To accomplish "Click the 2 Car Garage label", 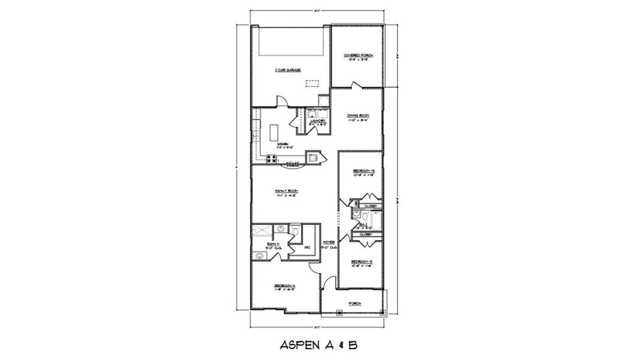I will (287, 70).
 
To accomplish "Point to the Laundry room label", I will (317, 121).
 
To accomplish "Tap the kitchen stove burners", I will (271, 159).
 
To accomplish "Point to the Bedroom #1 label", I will (285, 286).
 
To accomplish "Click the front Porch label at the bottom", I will (355, 304).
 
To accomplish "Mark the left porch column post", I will (339, 313).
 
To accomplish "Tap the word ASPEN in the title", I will (298, 346).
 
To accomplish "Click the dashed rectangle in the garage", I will (312, 84).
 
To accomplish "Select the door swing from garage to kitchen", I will (281, 102).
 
